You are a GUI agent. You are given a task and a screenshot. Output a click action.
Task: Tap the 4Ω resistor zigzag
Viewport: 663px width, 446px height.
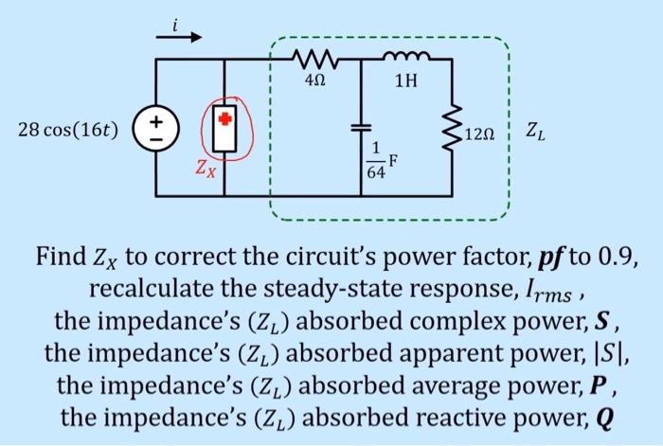(x=314, y=60)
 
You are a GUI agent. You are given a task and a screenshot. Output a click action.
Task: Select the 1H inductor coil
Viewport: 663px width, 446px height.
(x=406, y=56)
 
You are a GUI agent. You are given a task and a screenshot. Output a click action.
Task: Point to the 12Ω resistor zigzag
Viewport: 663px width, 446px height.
(x=452, y=128)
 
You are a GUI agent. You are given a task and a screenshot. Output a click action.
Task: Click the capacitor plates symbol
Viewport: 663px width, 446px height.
(x=361, y=128)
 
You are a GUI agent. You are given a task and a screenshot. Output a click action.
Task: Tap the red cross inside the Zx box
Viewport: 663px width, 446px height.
(x=225, y=118)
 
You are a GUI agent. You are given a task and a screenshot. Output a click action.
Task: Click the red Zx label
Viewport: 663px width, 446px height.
(x=206, y=169)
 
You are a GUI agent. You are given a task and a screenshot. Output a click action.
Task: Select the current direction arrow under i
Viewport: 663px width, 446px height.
(x=179, y=37)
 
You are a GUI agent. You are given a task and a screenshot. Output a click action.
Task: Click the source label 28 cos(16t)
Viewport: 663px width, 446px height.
(x=67, y=130)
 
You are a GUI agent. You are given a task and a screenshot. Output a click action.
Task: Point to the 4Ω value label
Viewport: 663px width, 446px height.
(x=315, y=80)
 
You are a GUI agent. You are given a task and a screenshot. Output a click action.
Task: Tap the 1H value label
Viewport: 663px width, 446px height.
(x=406, y=80)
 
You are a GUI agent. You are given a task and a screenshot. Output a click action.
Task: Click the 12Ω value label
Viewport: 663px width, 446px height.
(x=479, y=134)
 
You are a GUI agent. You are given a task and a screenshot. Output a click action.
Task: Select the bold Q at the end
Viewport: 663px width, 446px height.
(x=603, y=418)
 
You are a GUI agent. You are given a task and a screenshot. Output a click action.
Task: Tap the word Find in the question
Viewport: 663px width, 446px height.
(x=61, y=257)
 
